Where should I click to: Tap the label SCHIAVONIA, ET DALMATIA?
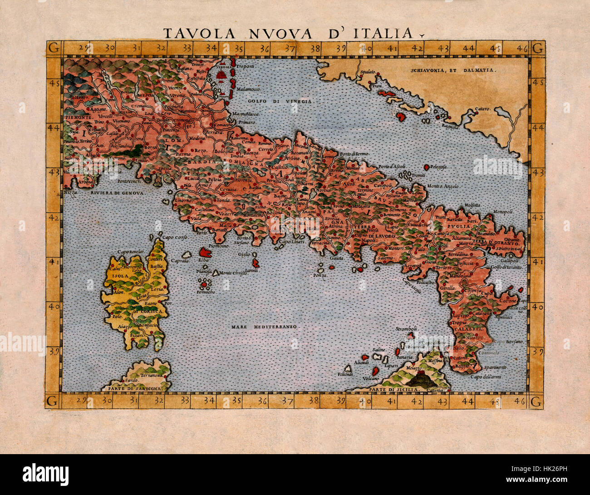click(x=454, y=70)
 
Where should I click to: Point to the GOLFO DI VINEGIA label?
click(x=280, y=101)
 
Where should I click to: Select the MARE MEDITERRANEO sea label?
click(x=263, y=327)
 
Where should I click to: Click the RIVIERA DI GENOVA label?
click(x=117, y=193)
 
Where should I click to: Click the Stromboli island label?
click(x=406, y=328)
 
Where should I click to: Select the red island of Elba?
click(x=204, y=252)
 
